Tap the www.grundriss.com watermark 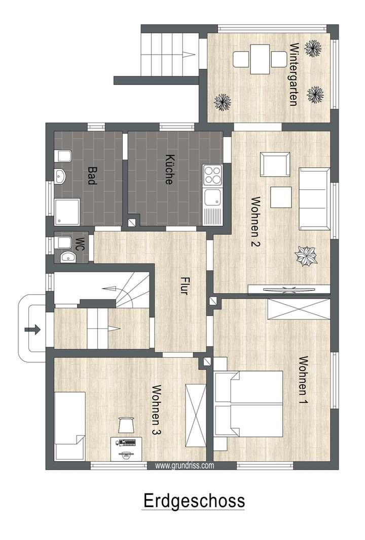pos(184,466)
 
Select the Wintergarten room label pos(293,74)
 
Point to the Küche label pos(170,169)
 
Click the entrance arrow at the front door pos(32,330)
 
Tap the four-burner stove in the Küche pos(212,176)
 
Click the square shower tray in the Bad pos(67,211)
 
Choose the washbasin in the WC pos(66,257)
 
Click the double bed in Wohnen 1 pos(248,404)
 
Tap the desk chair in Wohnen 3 pos(126,425)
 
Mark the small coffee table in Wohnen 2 pos(280,197)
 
